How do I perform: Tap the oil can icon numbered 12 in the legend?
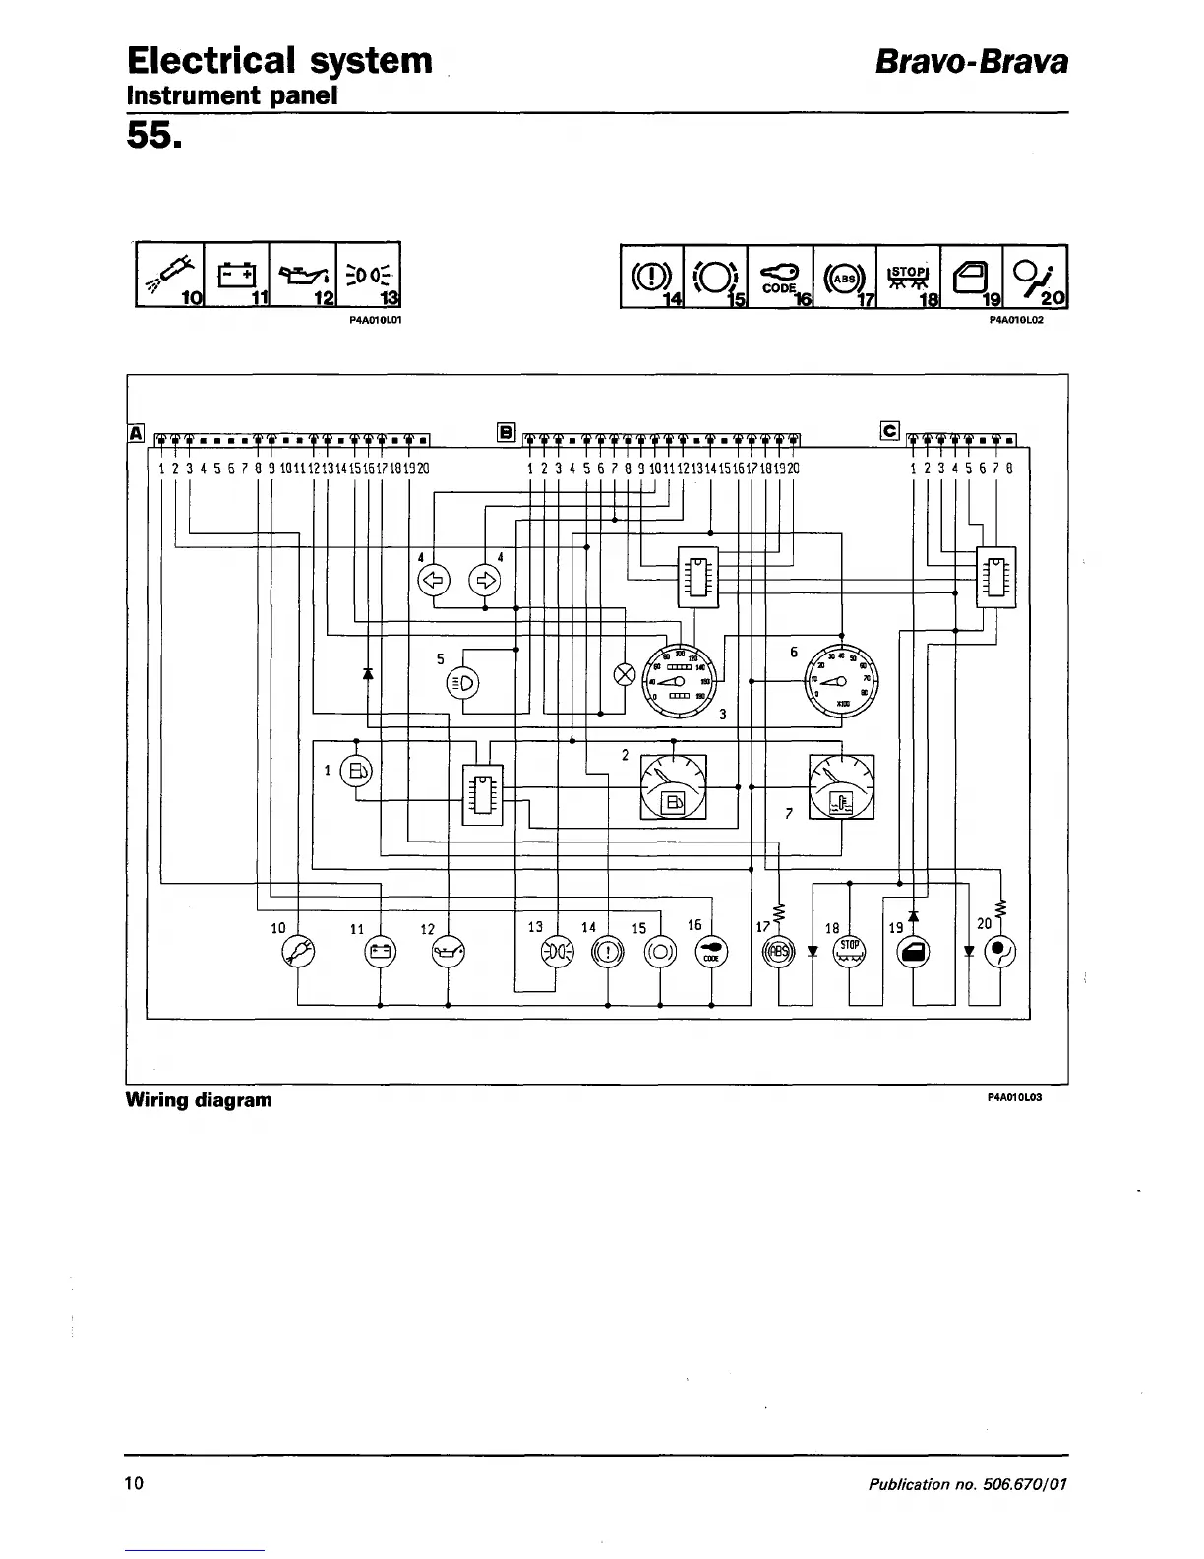302,273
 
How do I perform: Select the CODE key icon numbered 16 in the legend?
778,275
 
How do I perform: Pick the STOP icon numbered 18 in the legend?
907,275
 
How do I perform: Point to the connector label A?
136,432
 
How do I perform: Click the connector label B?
506,431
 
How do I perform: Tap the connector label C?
890,430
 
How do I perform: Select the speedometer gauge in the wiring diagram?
681,677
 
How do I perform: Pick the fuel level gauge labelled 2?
674,786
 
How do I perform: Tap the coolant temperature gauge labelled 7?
841,786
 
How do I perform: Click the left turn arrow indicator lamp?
434,580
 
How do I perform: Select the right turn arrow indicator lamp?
485,580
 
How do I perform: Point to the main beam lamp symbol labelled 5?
463,682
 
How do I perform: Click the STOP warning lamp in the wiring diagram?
849,951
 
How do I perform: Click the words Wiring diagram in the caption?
199,1099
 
